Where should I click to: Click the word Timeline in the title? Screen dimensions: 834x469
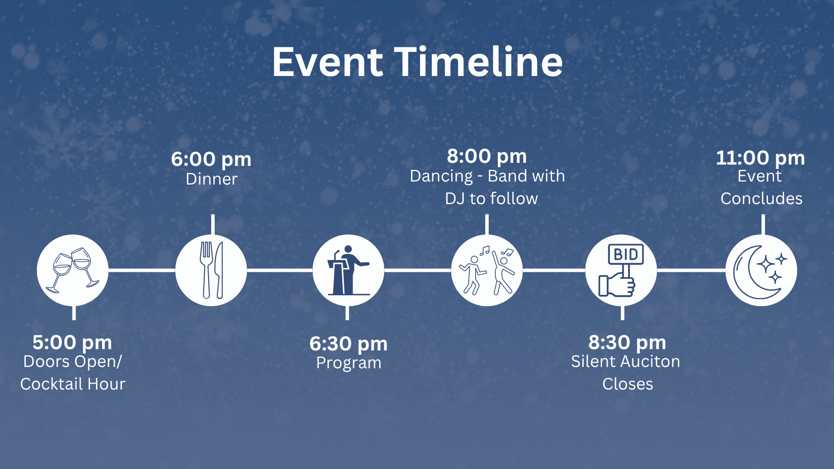[478, 62]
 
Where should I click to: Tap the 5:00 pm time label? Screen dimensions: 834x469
[72, 342]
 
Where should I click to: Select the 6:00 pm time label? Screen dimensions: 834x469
[211, 159]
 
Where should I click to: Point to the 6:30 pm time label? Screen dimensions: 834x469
[348, 344]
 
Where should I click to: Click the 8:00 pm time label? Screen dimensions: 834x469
[487, 156]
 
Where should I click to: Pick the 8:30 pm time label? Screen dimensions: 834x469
[627, 342]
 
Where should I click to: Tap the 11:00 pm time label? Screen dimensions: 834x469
[760, 158]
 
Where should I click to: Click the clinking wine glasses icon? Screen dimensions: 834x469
[73, 270]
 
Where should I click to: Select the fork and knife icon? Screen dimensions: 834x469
[211, 270]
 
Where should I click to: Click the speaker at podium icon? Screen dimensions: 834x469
[348, 270]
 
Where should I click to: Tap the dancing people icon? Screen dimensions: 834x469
[487, 270]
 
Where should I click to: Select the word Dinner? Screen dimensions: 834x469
[212, 179]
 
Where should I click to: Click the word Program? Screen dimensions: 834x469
[349, 363]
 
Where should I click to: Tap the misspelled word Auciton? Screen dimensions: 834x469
[651, 361]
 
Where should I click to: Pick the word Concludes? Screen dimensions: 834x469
[761, 198]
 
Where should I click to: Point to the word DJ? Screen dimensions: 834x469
[455, 198]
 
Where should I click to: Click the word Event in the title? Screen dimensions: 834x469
[328, 62]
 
